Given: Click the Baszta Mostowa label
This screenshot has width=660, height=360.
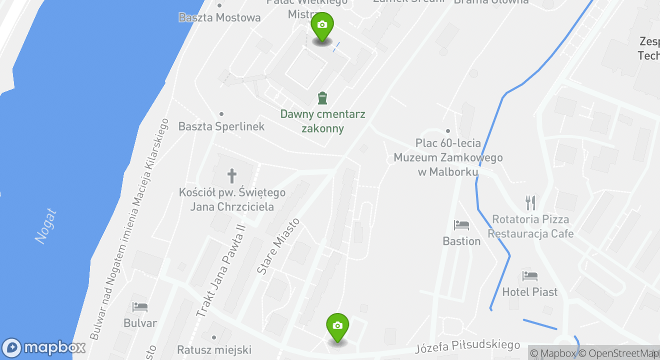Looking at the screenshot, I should (x=219, y=17).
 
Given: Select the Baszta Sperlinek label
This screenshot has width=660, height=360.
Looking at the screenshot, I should (x=221, y=126).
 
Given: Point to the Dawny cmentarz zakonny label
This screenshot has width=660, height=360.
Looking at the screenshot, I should (x=322, y=121).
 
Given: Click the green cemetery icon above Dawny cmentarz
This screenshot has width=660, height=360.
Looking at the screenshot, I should (x=322, y=98).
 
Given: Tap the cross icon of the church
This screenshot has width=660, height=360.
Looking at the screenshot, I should (x=232, y=176).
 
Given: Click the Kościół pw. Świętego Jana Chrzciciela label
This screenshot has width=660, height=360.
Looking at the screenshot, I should (x=232, y=199).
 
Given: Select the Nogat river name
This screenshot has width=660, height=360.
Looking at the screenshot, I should (x=46, y=226).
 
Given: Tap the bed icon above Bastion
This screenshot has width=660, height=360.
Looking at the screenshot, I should (x=461, y=225).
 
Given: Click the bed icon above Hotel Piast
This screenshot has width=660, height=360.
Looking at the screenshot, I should (x=529, y=276).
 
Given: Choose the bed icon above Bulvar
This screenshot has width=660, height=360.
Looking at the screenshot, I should (x=140, y=307).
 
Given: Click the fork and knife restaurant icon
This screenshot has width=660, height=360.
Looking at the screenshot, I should (x=530, y=202).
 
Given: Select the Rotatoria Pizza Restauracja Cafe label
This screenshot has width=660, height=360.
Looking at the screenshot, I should (x=530, y=226).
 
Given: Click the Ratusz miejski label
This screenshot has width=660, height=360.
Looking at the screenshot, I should (x=214, y=349).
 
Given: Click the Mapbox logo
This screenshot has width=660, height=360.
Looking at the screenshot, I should (x=44, y=347).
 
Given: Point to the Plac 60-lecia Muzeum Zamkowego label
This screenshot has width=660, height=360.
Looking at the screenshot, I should (x=448, y=157).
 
